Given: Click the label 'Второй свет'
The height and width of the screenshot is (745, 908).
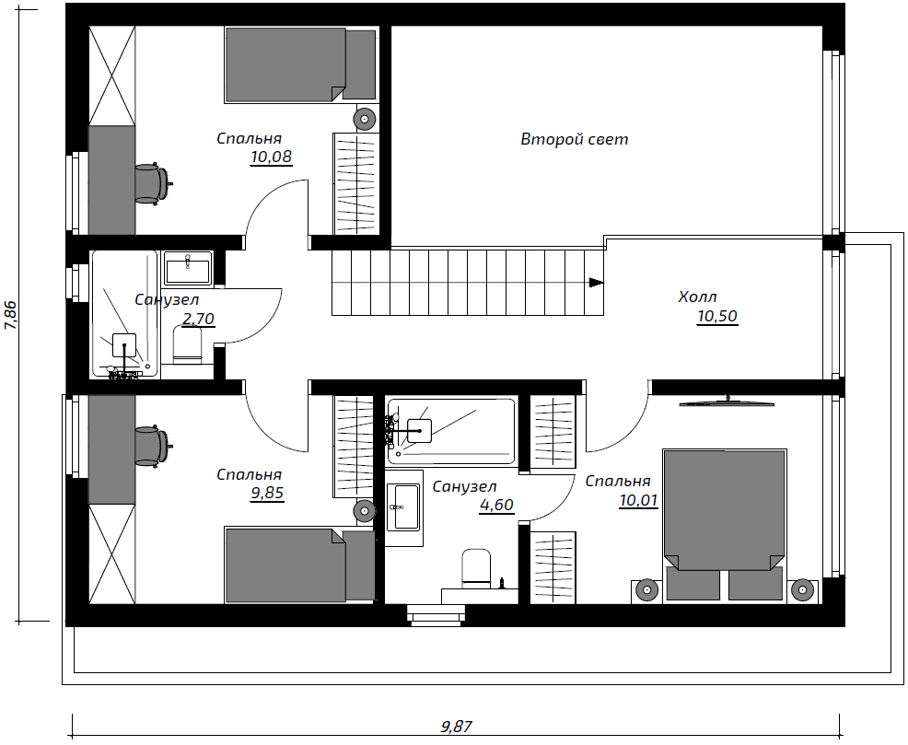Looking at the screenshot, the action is click(574, 139).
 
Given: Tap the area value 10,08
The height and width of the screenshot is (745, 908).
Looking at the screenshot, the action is click(271, 157).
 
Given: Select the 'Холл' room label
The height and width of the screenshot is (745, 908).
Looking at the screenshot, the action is click(697, 297).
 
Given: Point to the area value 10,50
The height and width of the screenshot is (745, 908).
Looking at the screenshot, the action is click(717, 316).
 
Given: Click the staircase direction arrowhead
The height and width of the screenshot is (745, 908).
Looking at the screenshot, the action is click(597, 283).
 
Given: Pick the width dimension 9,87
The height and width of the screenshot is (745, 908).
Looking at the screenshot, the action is click(457, 726).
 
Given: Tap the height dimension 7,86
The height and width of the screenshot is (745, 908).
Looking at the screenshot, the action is click(12, 316).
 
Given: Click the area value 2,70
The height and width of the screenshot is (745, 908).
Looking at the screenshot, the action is click(199, 319).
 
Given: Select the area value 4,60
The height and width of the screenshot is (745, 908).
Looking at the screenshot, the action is click(496, 505).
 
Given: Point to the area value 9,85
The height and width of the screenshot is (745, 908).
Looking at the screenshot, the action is click(267, 494).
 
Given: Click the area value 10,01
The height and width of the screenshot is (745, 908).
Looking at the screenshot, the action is click(638, 500).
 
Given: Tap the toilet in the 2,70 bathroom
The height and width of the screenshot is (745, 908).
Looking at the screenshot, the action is click(188, 345).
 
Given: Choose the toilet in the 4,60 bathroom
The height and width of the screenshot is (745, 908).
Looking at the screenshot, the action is click(476, 566).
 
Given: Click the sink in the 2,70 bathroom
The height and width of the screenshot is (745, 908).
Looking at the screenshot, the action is click(188, 269).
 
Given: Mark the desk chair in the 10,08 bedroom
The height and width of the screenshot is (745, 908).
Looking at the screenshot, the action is click(154, 184).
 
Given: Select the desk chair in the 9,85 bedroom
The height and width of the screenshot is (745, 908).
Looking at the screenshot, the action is click(154, 446).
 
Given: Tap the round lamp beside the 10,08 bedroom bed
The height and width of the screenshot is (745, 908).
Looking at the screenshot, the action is click(365, 119).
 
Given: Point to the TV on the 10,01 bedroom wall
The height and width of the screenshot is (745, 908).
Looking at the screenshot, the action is click(727, 402).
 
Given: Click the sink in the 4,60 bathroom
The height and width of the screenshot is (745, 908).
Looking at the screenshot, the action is click(404, 507).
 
